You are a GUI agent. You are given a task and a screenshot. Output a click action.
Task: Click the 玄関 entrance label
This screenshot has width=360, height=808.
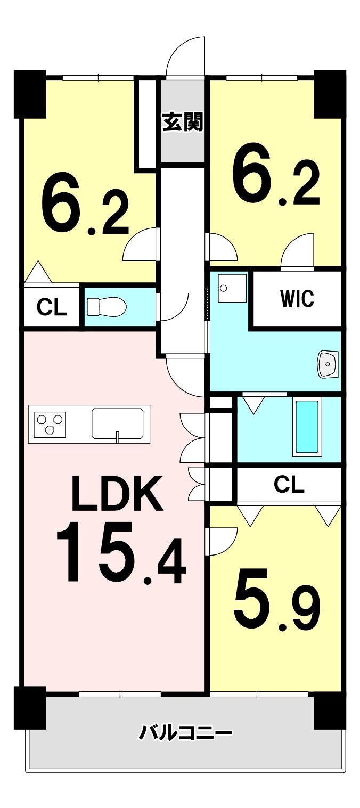[183, 122]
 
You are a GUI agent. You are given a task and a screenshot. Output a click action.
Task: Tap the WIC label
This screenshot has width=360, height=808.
[297, 299]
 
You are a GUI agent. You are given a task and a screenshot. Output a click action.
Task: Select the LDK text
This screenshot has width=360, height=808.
[117, 494]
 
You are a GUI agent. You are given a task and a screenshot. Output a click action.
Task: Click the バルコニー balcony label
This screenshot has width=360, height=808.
[185, 733]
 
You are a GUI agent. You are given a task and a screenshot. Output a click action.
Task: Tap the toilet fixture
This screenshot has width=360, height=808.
[107, 306]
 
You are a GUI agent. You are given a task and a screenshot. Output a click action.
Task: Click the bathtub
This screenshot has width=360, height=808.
[307, 427]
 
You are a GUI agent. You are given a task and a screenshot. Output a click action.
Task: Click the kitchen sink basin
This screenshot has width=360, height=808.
[118, 423]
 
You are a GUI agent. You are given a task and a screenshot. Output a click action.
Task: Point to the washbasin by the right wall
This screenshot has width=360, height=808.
[328, 364]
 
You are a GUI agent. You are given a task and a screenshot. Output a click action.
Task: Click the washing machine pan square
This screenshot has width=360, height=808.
[232, 288]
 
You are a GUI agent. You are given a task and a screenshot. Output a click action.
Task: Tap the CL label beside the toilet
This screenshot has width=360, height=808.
[52, 307]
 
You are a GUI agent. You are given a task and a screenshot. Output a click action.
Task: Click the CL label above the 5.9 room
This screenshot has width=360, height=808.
[289, 484]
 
